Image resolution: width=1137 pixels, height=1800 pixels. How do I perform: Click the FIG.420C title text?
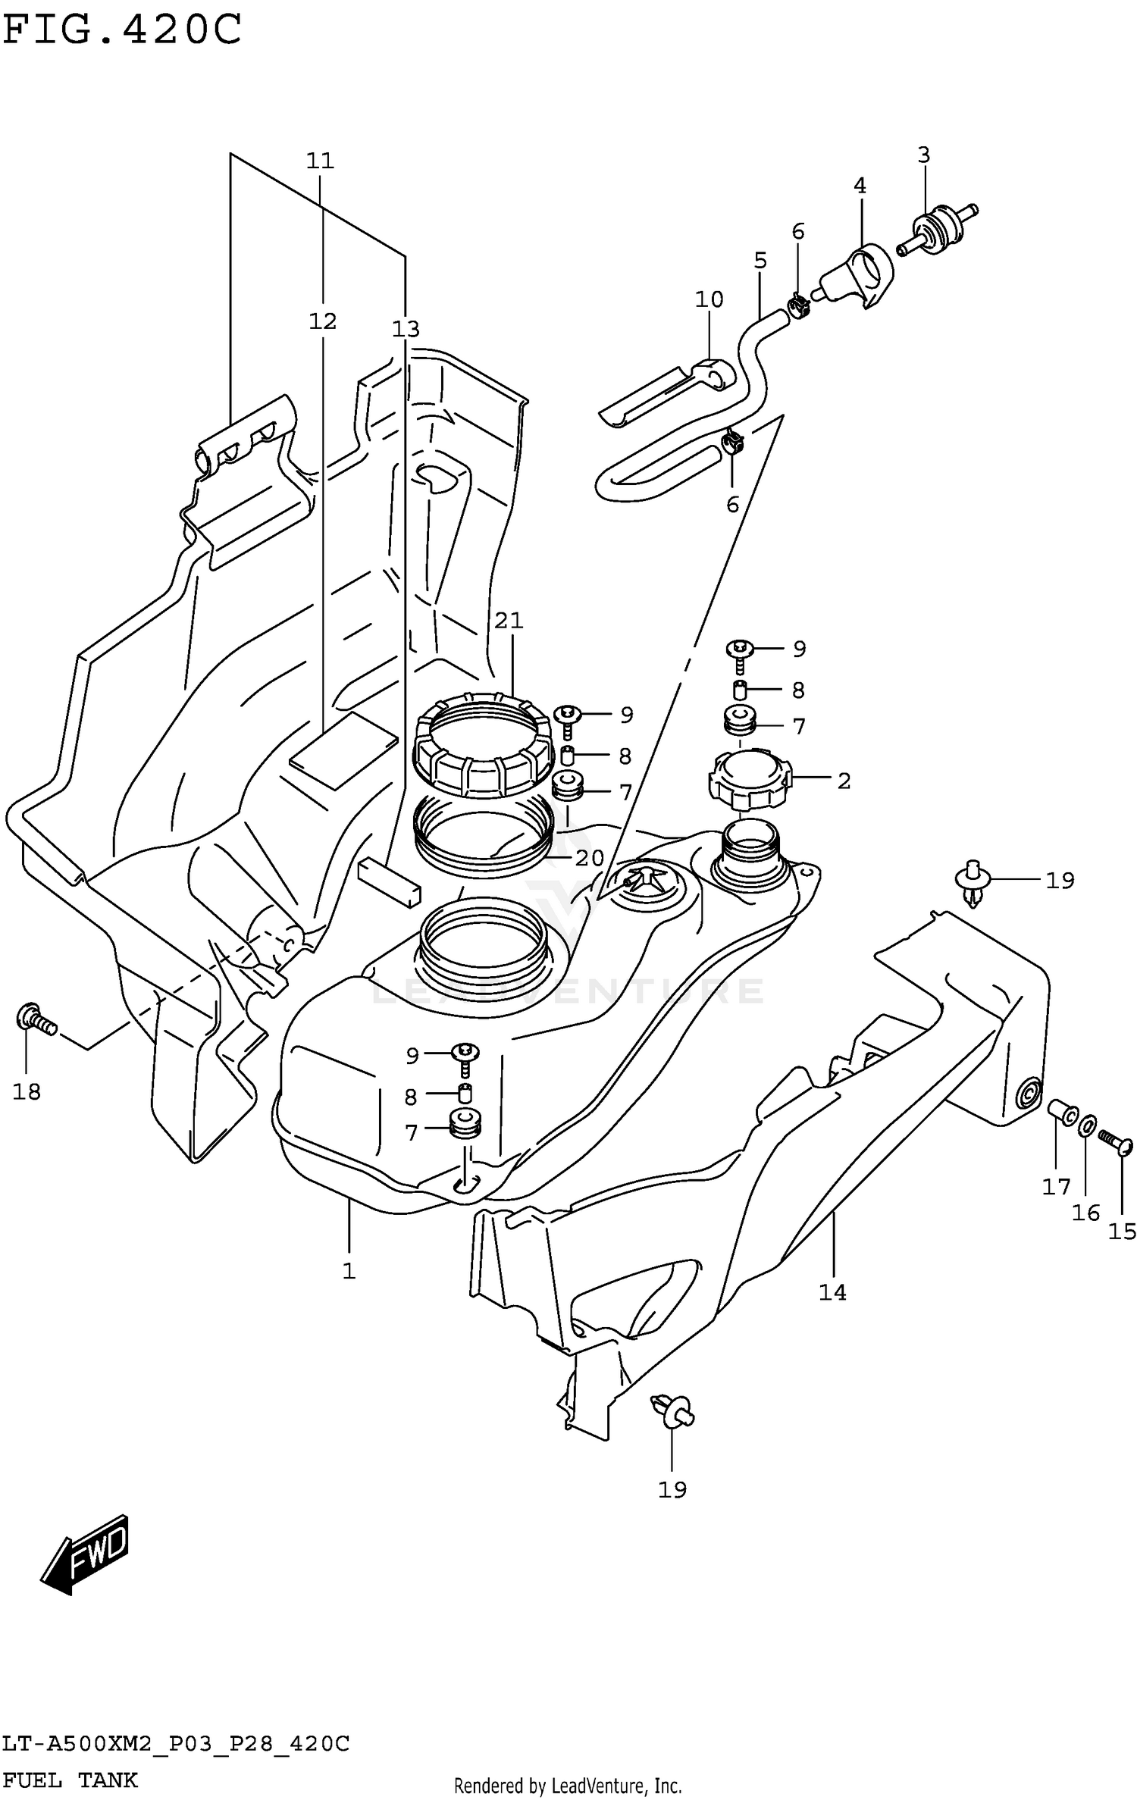click(x=121, y=30)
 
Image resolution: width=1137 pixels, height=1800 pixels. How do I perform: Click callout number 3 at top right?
click(x=923, y=155)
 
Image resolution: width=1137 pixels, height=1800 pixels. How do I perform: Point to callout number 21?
click(x=509, y=621)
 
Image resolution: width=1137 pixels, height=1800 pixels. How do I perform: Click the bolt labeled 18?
click(x=34, y=1019)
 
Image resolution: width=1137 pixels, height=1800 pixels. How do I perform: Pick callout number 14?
click(x=832, y=1292)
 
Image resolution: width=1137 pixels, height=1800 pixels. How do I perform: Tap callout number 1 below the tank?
click(x=349, y=1271)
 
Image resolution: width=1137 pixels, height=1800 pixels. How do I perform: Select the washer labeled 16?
click(x=1085, y=1127)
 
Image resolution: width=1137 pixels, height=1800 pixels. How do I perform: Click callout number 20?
click(x=589, y=858)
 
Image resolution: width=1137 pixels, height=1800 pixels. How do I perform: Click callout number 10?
click(x=709, y=299)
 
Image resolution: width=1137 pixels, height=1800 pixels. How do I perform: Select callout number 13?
click(x=406, y=329)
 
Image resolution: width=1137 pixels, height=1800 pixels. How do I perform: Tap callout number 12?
click(x=322, y=321)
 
